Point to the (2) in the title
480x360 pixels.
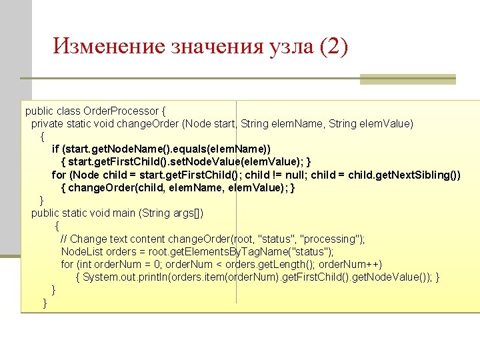[334, 46]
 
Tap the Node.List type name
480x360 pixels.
[81, 251]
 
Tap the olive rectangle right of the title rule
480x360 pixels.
[407, 79]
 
